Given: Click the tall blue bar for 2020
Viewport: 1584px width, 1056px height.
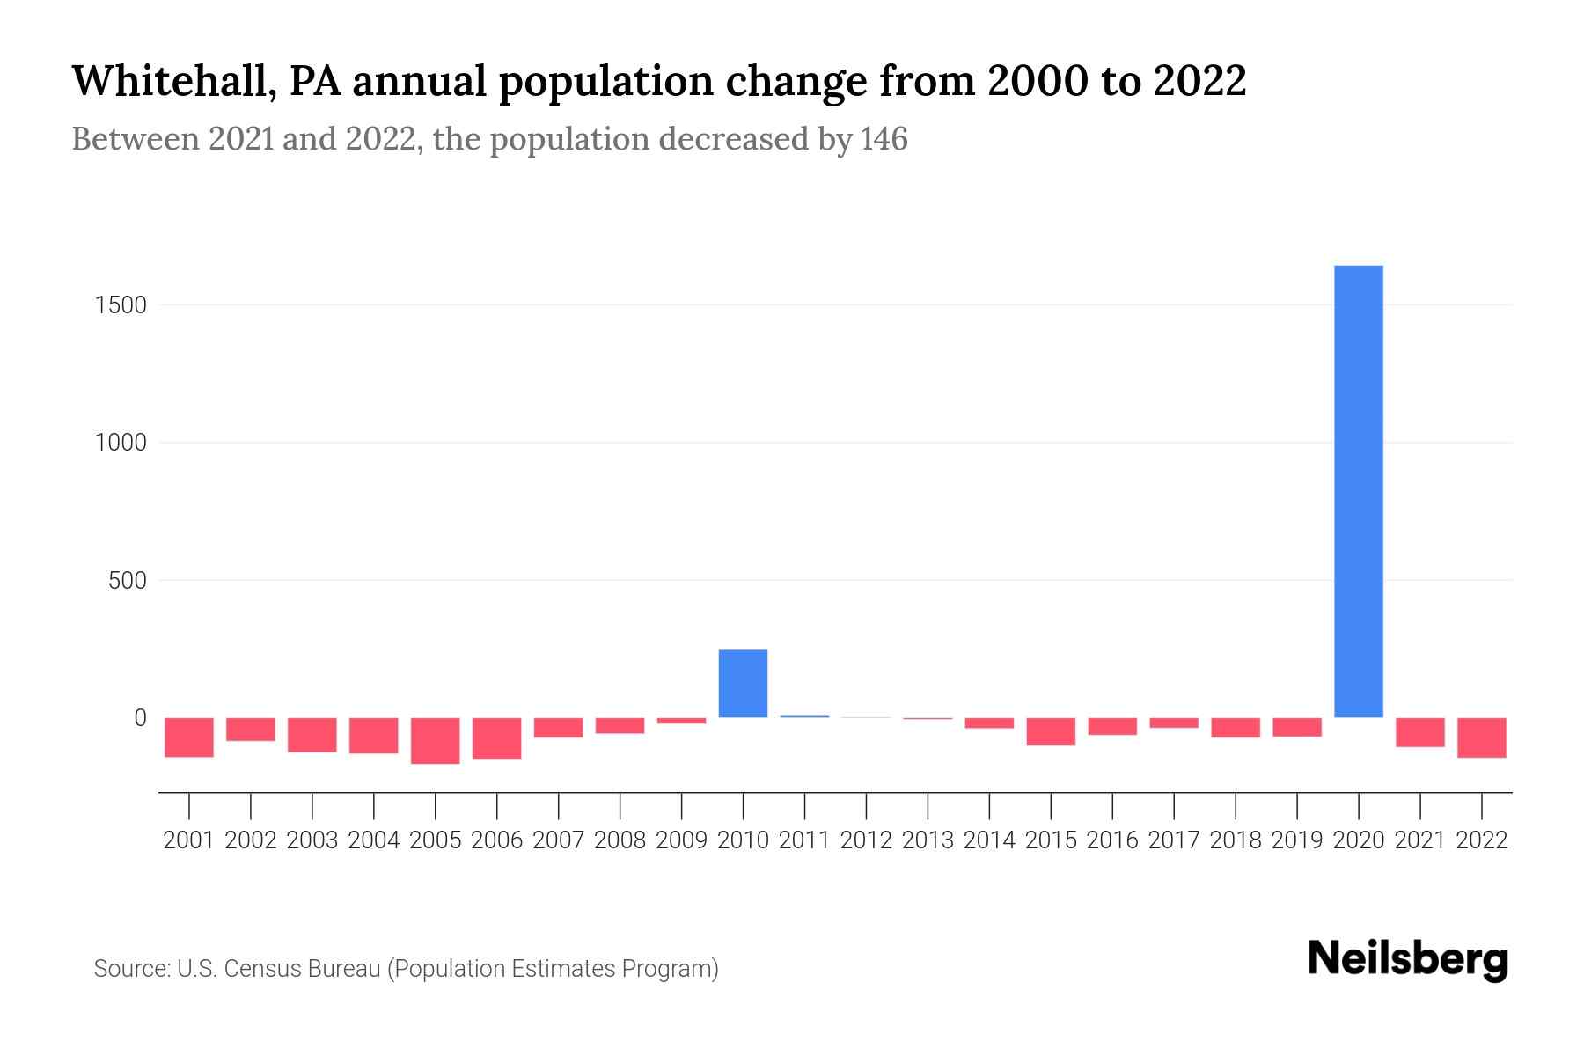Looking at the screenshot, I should point(1358,491).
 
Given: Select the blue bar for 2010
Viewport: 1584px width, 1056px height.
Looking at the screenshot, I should point(743,683).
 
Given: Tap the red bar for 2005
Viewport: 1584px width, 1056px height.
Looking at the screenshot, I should point(436,740).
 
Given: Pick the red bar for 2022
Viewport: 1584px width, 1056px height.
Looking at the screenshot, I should point(1481,737).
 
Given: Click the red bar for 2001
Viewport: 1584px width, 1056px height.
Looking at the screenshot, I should point(189,737).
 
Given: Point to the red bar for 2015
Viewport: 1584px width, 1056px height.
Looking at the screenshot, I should point(1051,731).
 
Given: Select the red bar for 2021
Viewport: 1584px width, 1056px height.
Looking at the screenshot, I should point(1419,732).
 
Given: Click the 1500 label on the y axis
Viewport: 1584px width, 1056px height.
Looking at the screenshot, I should point(121,305).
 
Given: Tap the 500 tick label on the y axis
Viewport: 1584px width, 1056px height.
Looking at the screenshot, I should point(128,581).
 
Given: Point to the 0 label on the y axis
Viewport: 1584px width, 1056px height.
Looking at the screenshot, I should point(140,718).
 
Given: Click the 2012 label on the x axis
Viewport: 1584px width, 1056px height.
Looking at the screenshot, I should point(866,840).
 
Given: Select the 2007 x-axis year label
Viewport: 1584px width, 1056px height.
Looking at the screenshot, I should point(558,840).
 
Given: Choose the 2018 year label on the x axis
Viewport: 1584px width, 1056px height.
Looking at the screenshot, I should point(1236,840).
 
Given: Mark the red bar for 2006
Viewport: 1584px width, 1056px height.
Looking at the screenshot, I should point(497,738).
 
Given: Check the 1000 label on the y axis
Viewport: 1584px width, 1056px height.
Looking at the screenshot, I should point(121,443).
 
